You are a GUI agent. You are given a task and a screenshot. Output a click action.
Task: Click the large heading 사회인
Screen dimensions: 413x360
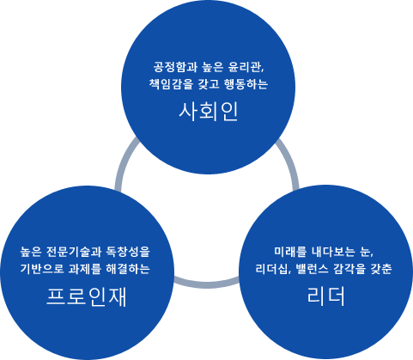[209, 112]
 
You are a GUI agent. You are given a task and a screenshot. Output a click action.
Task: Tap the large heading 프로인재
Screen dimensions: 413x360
[87, 297]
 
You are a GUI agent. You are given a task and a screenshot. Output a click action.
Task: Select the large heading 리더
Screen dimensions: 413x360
[325, 296]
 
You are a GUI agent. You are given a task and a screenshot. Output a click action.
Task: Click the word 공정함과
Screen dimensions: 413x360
[175, 67]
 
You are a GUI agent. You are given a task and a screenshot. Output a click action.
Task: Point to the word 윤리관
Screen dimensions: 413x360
[245, 67]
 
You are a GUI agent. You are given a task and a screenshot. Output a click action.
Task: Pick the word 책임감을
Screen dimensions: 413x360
[171, 84]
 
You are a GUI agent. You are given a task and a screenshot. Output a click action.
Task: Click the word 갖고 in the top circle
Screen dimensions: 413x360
[209, 84]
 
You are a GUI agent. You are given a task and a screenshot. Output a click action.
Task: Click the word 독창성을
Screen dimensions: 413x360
[128, 252]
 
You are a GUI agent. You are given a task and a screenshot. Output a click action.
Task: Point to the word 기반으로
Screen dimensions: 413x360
[42, 269]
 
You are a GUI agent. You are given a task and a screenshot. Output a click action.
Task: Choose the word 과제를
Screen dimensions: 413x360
[85, 269]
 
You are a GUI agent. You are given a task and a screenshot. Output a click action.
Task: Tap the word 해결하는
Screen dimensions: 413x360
[128, 269]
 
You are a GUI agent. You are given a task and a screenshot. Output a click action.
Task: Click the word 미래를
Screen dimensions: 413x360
[290, 252]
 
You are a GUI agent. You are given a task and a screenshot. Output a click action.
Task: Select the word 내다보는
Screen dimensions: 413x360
[333, 252]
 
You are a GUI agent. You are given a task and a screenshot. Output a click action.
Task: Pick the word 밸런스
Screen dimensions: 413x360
[313, 269]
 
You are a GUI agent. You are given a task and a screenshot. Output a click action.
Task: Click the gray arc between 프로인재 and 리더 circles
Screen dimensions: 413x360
[207, 285]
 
